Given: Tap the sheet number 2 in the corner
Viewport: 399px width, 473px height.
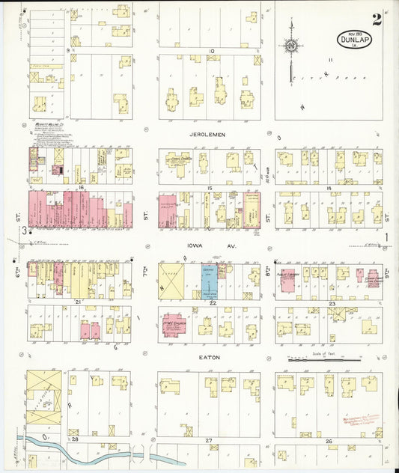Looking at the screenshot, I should coord(377,19).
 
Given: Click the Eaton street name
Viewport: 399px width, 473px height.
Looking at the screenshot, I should coord(209,358).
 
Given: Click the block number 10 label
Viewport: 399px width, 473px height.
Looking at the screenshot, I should coord(212,51).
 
